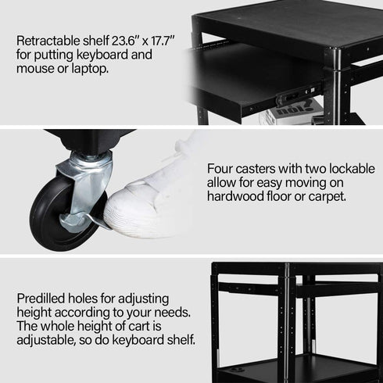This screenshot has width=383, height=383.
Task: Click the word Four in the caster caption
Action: (x=221, y=168)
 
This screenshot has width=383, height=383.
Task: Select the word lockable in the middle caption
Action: (x=328, y=168)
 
